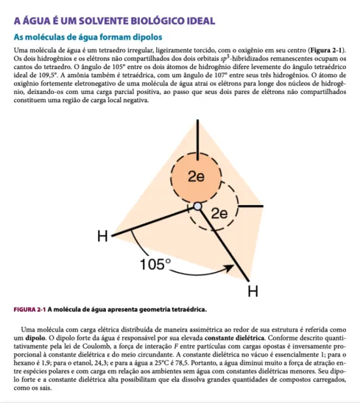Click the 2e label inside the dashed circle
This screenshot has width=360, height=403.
tap(219, 213)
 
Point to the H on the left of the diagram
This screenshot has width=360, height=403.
tap(103, 236)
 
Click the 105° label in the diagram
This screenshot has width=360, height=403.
tap(155, 263)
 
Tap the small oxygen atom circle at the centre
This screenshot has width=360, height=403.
tap(197, 207)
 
